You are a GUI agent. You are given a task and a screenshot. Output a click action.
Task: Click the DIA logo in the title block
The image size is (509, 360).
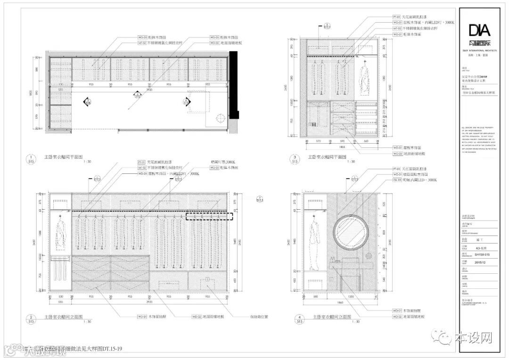479,31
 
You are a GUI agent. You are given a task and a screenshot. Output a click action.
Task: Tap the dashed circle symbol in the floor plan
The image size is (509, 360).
220,118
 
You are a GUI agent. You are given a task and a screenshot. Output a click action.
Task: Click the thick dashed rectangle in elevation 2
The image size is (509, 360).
210,217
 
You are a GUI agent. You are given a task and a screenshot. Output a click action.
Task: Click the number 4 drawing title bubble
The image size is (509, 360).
298,319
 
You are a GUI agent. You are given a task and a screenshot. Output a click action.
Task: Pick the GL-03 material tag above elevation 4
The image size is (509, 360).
396,180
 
